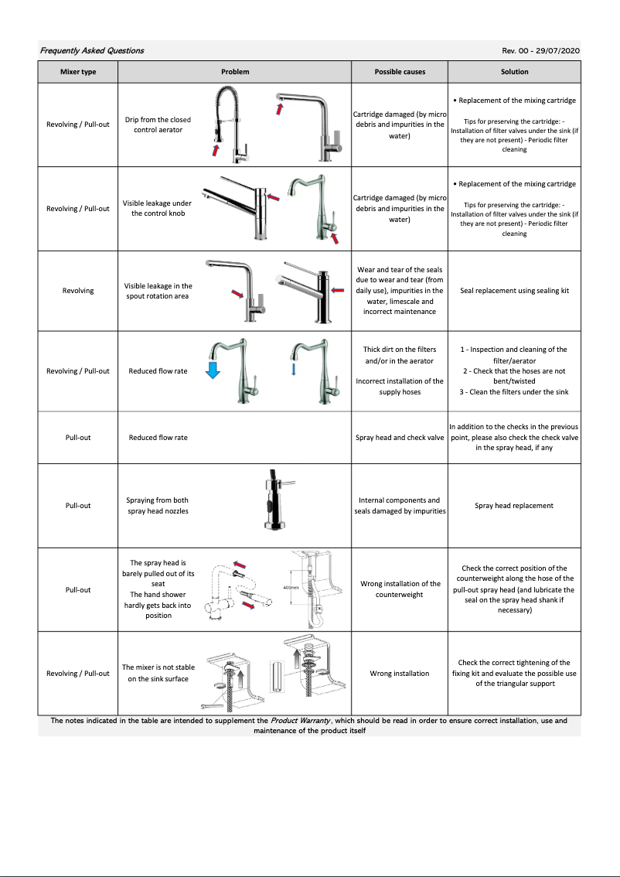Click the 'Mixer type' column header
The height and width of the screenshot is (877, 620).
(x=78, y=72)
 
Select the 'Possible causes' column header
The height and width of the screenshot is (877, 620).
(x=400, y=72)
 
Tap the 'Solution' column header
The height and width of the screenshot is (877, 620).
(x=514, y=72)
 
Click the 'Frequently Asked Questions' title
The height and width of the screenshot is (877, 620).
(x=92, y=50)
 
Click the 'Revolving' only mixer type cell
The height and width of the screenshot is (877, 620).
(x=78, y=291)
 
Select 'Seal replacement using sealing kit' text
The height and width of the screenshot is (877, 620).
(x=514, y=291)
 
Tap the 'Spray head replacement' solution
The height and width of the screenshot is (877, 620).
(x=514, y=506)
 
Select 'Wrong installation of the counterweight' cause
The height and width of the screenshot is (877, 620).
(x=400, y=589)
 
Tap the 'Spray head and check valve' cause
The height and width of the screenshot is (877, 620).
(x=400, y=438)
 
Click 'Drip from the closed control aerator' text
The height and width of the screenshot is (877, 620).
(x=158, y=125)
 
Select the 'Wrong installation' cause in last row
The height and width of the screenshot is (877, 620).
(x=400, y=674)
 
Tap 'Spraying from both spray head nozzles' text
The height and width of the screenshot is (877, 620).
(x=158, y=505)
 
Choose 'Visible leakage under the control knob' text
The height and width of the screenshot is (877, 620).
(x=158, y=208)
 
